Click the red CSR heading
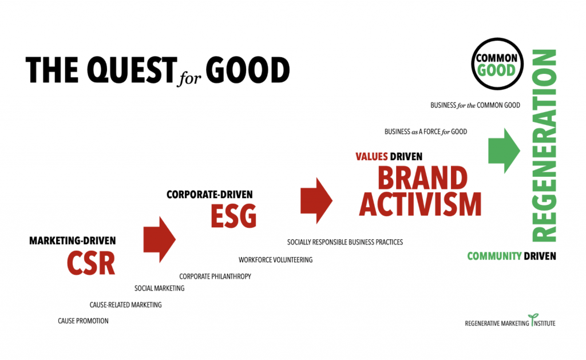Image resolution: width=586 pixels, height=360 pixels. (x=91, y=263)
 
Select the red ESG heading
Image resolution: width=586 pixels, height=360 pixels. (x=233, y=216)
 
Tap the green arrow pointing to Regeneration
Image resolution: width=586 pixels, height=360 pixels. (x=504, y=151)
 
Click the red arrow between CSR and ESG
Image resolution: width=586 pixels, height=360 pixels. (x=159, y=239)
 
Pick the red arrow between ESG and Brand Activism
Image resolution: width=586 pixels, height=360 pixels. (x=316, y=201)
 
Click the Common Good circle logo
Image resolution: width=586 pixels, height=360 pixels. (x=497, y=64)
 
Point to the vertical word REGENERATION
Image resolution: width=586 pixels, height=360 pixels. (x=544, y=145)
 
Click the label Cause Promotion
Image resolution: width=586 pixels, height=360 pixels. (x=83, y=321)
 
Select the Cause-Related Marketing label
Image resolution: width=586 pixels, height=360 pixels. (x=125, y=304)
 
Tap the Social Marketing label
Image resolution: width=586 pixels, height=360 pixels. (x=159, y=288)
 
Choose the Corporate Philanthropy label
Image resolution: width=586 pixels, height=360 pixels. (x=215, y=276)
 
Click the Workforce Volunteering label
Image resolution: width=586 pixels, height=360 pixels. (x=275, y=260)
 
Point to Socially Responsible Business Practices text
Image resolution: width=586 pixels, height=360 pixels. (x=345, y=242)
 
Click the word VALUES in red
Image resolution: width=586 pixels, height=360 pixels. (x=371, y=156)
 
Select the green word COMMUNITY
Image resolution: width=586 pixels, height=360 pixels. (x=494, y=256)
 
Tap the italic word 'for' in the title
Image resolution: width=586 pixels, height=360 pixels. (x=189, y=77)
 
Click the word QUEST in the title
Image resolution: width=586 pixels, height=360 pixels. (x=132, y=70)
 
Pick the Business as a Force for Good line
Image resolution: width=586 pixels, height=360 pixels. (x=426, y=132)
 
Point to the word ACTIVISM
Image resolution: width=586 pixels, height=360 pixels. (x=420, y=204)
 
